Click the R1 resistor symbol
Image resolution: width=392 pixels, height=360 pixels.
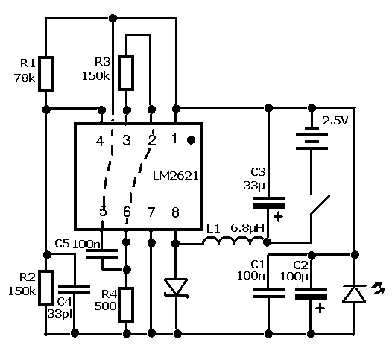pos(45,74)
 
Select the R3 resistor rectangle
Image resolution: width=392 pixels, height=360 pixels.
pos(126,73)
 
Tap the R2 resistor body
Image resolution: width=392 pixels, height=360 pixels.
pos(45,288)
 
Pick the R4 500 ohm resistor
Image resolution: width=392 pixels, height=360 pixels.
pos(126,305)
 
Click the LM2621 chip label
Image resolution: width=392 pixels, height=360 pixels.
pos(175,176)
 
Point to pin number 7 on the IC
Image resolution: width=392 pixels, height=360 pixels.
pos(151,212)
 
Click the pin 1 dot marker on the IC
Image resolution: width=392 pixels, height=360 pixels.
pos(191,140)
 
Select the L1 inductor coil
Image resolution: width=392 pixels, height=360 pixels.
pos(234,241)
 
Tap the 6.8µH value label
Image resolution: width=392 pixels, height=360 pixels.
pos(247,228)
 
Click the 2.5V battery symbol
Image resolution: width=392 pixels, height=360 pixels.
pos(312,142)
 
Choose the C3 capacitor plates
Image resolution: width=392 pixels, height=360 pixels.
pos(268,203)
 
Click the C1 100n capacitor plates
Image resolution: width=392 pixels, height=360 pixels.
pos(268,294)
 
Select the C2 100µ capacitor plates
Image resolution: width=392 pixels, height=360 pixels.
pos(311,294)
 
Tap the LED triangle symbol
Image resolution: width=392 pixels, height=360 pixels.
pos(354,294)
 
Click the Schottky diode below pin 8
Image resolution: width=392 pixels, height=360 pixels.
pos(176,288)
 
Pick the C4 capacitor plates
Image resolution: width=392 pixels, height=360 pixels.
pos(74,289)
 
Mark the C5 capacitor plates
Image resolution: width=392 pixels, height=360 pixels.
pos(101,253)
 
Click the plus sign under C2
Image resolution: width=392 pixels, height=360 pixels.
pos(320,308)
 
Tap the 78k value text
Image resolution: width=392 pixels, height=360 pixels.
pos(25,78)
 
